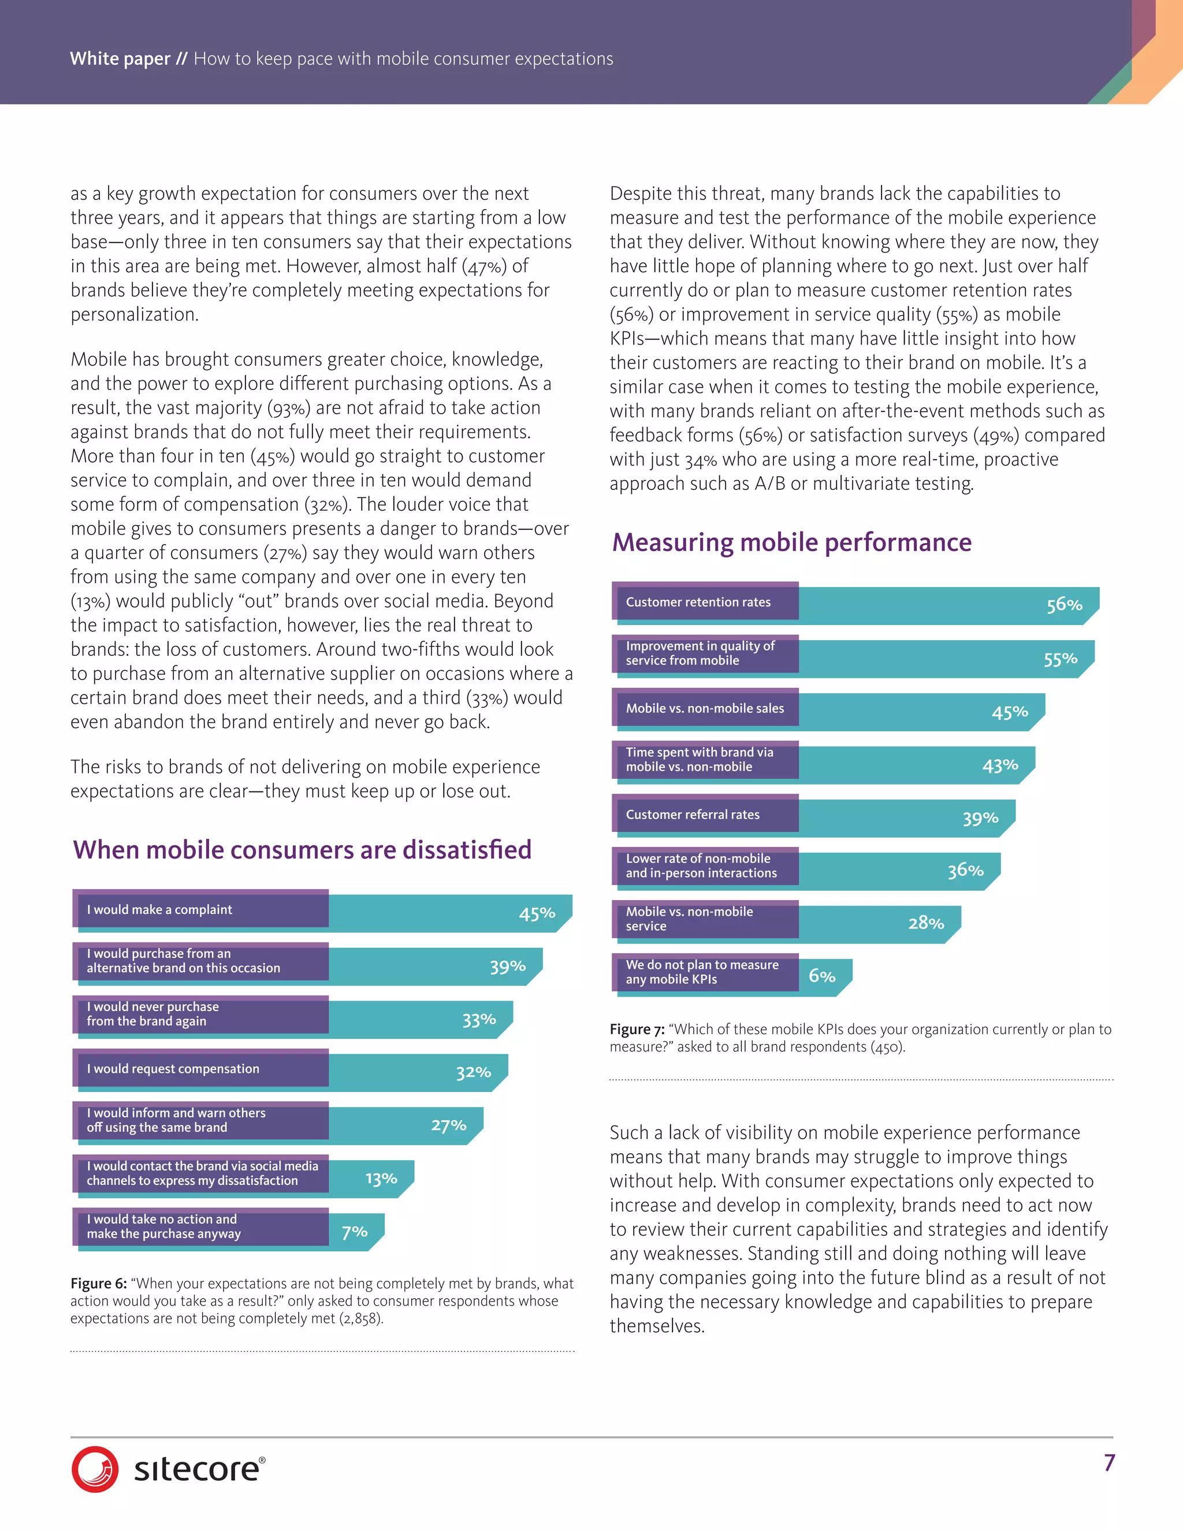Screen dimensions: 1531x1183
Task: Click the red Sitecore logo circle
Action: (95, 1469)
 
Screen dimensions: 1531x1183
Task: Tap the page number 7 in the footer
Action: (1108, 1462)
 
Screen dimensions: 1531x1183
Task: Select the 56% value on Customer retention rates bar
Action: (1064, 604)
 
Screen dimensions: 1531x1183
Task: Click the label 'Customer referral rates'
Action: (693, 815)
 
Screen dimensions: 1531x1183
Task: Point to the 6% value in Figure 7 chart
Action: (821, 976)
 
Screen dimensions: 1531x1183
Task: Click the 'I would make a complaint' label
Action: (159, 909)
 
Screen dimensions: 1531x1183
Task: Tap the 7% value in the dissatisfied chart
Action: (354, 1232)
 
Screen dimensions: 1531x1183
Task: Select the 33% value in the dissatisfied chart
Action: (479, 1019)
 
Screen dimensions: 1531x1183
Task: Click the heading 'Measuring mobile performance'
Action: (791, 542)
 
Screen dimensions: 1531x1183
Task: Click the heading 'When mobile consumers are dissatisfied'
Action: (302, 850)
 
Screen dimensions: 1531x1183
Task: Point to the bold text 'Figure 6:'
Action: (98, 1284)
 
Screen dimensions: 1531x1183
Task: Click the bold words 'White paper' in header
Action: (120, 58)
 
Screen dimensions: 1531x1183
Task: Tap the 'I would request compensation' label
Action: (172, 1068)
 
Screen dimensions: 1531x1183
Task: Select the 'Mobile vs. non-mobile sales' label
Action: (704, 708)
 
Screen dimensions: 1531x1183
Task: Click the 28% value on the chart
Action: (926, 923)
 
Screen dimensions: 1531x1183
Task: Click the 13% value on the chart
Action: (381, 1179)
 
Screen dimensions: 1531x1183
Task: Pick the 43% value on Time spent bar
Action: (999, 765)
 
